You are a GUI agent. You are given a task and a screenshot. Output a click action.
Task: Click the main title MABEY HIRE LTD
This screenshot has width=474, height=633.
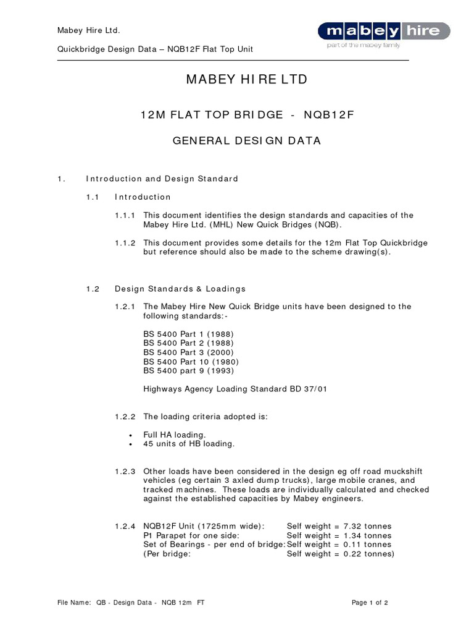pos(246,80)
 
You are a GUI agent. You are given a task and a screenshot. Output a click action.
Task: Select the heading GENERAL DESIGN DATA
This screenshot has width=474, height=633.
pos(246,140)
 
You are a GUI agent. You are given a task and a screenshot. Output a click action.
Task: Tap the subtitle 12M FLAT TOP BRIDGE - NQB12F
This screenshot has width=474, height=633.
pos(246,115)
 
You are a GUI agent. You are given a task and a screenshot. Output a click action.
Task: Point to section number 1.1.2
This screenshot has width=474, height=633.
pos(126,243)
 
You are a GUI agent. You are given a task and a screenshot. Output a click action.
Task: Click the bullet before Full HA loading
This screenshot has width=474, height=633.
pos(131,435)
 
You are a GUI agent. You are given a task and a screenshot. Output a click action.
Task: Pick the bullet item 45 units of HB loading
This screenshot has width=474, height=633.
pos(189,444)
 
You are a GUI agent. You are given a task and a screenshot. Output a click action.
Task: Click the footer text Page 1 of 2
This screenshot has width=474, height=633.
pos(370,602)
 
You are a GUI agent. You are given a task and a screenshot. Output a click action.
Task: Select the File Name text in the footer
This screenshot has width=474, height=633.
pos(131,602)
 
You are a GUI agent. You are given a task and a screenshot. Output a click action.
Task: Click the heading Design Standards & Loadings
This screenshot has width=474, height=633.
pos(180,289)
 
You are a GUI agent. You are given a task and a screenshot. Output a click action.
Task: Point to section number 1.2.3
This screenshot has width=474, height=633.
pos(126,471)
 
